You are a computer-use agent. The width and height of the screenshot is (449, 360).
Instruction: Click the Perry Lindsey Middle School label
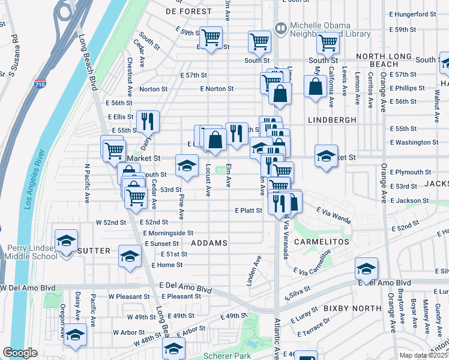click(30, 253)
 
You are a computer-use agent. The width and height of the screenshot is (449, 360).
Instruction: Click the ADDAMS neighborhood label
click(209, 243)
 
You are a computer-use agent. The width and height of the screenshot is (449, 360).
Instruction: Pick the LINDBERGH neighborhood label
click(328, 120)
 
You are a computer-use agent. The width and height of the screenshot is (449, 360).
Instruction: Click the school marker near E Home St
click(130, 256)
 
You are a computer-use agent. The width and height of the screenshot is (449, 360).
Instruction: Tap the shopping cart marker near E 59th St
click(211, 37)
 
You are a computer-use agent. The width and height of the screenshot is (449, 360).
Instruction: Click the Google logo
click(20, 353)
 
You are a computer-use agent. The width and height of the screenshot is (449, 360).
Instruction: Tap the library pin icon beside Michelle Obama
click(280, 28)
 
